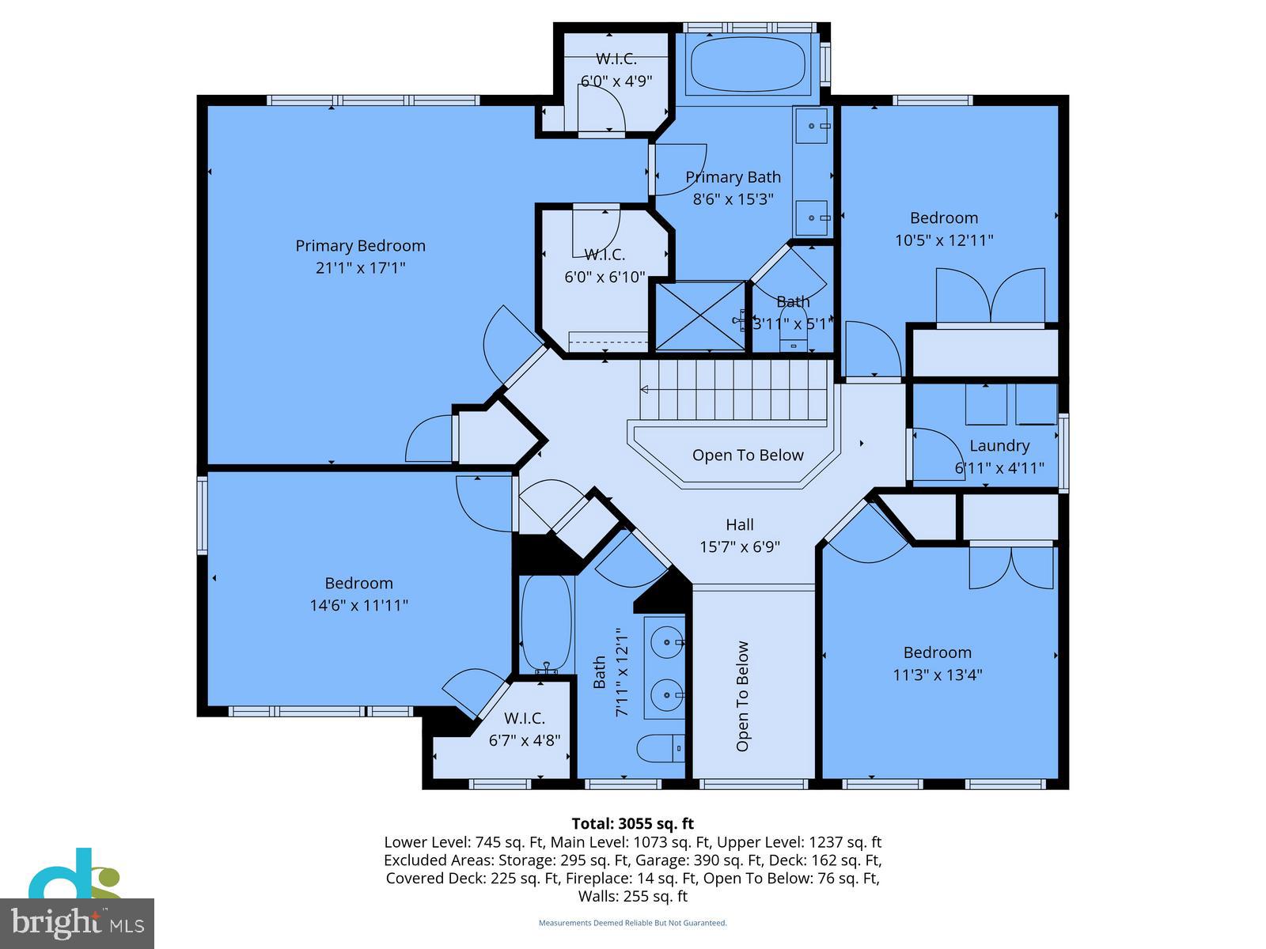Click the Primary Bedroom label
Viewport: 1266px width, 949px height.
tap(360, 246)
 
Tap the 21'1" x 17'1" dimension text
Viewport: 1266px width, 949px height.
tap(360, 268)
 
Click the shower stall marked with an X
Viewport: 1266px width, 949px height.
tap(700, 316)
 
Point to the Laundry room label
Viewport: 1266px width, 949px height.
tap(999, 446)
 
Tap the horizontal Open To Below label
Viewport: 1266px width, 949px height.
tap(747, 456)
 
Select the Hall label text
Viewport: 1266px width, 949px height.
tap(740, 524)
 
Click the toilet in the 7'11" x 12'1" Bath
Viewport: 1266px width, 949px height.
tap(661, 748)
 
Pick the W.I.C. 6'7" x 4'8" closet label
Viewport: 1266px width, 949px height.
tap(525, 718)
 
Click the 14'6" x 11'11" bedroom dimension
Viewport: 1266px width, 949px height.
tap(358, 606)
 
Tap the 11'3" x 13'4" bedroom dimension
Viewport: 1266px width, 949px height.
tap(938, 675)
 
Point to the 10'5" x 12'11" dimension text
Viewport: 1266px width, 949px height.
tap(943, 240)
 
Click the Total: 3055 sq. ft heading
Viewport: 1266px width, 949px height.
tap(632, 824)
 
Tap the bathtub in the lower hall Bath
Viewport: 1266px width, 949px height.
tap(546, 623)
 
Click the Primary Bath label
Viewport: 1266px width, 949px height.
tap(733, 177)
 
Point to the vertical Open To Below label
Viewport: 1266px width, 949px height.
tap(742, 697)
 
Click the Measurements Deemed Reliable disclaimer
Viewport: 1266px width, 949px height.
tap(632, 923)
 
